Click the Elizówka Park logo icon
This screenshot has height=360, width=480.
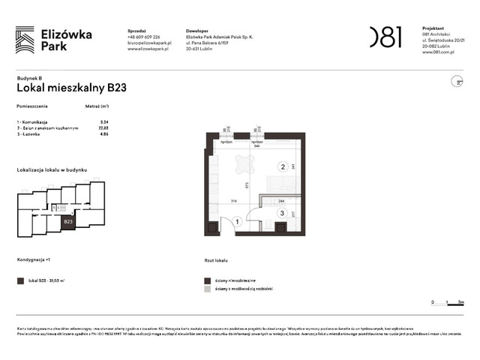pos(25,40)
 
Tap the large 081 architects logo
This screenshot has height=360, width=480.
pos(385,37)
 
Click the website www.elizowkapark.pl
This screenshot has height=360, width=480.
pos(149,49)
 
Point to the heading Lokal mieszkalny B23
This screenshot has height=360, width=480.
pos(71,87)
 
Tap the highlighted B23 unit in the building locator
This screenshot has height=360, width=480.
pos(67,222)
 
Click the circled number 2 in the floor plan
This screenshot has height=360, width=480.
pos(283,166)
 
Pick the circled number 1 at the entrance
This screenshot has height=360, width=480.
pos(237,221)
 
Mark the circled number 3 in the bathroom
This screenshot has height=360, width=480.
pos(282,214)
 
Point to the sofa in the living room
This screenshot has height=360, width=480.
pos(283,184)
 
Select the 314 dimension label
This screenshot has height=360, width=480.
pos(233,202)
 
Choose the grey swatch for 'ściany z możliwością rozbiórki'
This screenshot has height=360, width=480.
pos(208,288)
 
